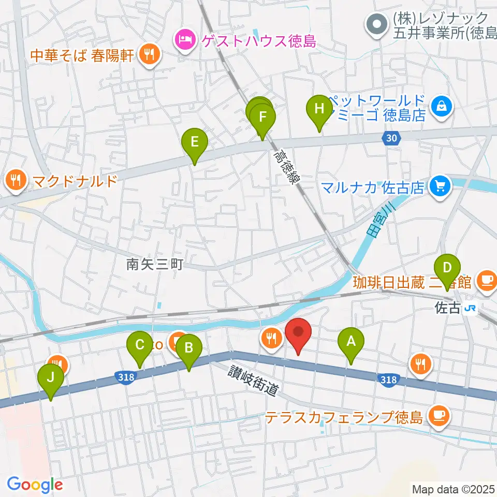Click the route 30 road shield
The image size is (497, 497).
[392, 137]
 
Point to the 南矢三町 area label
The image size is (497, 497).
[155, 265]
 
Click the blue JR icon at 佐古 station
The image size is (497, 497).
[471, 309]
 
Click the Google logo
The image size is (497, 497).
[35, 485]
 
